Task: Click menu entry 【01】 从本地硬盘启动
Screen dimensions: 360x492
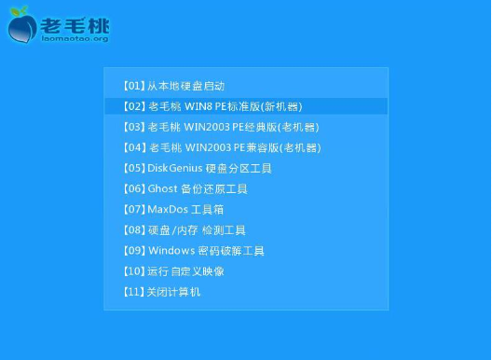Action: tap(173, 86)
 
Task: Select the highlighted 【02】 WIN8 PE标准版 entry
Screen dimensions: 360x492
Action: tap(212, 106)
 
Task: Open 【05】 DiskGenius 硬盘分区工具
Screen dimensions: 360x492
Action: tap(197, 168)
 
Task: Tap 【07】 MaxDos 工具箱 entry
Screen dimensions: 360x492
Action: tap(173, 209)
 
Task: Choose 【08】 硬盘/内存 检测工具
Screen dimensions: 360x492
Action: tap(184, 229)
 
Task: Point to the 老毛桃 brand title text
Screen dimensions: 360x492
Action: tap(75, 22)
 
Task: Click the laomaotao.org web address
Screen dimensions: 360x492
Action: tap(75, 39)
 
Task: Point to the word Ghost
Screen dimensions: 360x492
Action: tap(161, 188)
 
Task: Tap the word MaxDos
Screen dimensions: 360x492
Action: tap(168, 209)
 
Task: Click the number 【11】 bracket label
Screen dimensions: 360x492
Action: tap(133, 292)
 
